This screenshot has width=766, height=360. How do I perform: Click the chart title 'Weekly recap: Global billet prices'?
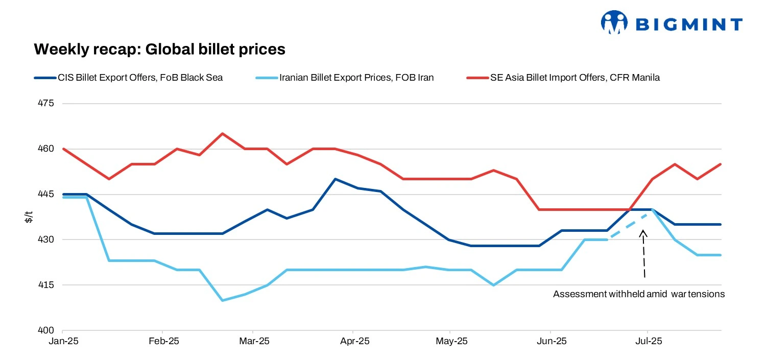[x=159, y=50]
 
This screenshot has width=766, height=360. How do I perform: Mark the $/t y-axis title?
[x=29, y=217]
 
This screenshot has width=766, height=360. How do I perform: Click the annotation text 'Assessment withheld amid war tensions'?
[x=639, y=295]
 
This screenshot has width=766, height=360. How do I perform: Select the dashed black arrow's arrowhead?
[x=643, y=233]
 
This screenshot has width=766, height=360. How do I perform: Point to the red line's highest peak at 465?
[x=222, y=134]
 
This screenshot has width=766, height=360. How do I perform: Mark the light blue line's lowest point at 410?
[x=222, y=300]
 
